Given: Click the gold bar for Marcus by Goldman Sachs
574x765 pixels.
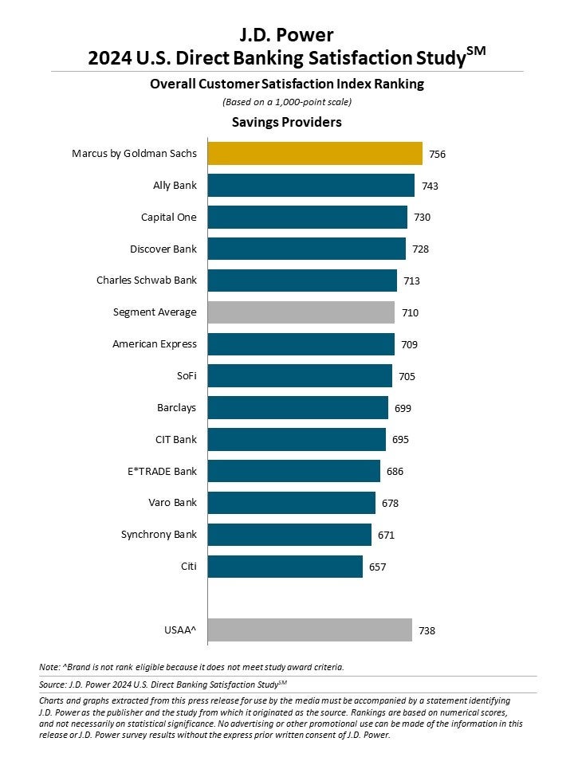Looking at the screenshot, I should click(x=315, y=153).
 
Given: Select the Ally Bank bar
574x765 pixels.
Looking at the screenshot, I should click(x=311, y=185).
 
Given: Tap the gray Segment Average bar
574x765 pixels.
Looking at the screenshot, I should click(x=301, y=312).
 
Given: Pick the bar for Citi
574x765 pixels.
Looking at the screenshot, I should click(x=285, y=567).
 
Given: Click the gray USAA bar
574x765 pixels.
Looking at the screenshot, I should click(x=309, y=630).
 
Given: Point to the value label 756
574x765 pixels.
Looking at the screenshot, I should click(x=437, y=154).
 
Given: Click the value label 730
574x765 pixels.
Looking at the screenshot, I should click(x=422, y=218).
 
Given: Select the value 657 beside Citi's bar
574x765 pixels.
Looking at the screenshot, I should click(x=377, y=567).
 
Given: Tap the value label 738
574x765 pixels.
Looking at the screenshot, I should click(x=427, y=631).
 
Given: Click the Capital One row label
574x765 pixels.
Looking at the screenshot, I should click(x=168, y=217).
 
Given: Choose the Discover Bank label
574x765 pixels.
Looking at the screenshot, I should click(x=163, y=249).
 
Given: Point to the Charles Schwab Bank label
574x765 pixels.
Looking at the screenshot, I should click(x=147, y=280).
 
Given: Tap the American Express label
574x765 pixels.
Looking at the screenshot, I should click(x=155, y=344).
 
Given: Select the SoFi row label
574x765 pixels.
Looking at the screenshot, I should click(x=184, y=376).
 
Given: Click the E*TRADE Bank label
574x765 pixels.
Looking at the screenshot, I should click(x=162, y=472).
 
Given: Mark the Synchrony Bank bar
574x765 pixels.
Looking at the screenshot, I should click(x=289, y=535).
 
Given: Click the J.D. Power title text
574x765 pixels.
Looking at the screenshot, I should click(x=286, y=34).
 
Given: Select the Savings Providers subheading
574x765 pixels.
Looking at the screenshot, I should click(x=286, y=122).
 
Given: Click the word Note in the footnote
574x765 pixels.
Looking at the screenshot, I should click(x=48, y=666).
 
